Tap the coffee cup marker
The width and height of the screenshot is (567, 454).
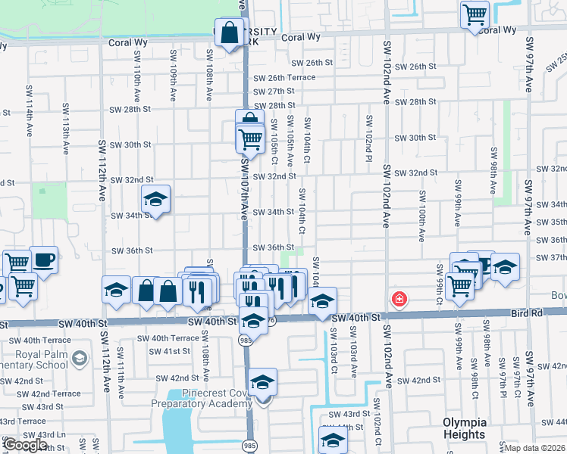point(43,261)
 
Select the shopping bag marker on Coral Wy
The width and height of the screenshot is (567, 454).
point(229,33)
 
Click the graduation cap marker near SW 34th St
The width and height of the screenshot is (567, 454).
point(156,201)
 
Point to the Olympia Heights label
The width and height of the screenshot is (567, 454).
point(463,428)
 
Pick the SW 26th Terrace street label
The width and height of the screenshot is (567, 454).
point(284,78)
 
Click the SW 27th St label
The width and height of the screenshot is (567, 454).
point(274,91)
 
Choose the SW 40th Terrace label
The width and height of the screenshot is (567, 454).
point(175,338)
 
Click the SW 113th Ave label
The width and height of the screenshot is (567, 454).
point(66,121)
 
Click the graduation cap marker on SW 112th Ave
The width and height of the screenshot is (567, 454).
point(116,290)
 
